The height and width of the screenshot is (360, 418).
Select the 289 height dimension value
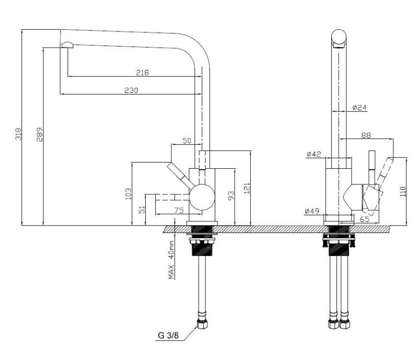(39, 134)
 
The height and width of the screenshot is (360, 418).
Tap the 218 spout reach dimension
(142, 73)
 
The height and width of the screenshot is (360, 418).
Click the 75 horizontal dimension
(178, 210)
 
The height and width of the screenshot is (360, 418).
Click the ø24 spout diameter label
(359, 108)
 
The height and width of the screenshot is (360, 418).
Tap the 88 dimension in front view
(366, 135)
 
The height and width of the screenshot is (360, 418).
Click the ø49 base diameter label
(312, 211)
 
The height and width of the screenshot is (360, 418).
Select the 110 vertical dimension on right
(403, 192)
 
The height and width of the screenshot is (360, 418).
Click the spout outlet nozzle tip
(67, 45)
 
